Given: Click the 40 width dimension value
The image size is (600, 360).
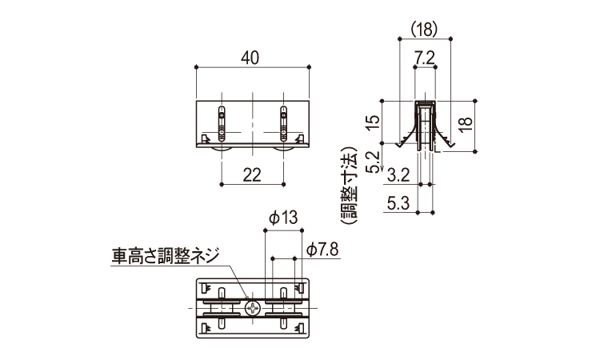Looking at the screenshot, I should pos(252,58).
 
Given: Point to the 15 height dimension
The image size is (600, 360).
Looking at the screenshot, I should pos(370,124).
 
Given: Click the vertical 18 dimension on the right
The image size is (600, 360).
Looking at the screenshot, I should pos(466,124).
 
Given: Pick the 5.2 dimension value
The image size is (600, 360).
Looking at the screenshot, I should pos(370,162).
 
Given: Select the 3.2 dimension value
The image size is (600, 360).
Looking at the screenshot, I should pos(398,174).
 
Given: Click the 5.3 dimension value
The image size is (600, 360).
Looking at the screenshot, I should pos(398,203).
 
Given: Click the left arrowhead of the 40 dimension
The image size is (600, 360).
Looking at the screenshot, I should pos(198,69).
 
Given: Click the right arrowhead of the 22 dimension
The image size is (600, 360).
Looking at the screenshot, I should pos(283,185).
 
